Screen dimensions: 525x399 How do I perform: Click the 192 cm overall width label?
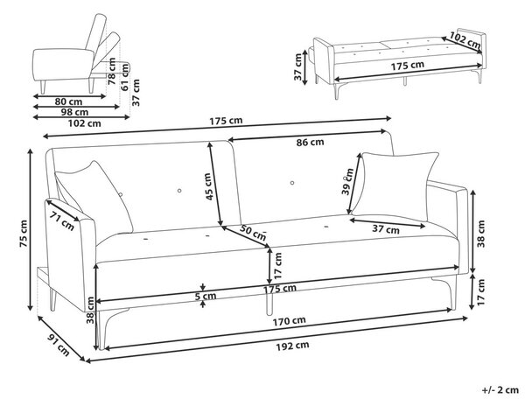pos(292,346)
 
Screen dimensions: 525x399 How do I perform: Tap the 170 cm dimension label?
pos(289,321)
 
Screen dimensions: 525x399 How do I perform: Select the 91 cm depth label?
pos(59,345)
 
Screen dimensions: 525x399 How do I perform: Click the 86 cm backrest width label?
pos(310,143)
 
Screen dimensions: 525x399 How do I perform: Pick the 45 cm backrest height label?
pos(209,186)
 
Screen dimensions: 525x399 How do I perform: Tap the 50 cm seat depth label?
pos(253,233)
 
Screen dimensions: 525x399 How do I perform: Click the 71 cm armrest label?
pos(62,221)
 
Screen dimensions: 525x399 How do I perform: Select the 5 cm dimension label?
pos(206,296)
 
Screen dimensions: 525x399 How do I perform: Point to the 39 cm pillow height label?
pos(347,181)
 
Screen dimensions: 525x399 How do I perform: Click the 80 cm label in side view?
pos(68,101)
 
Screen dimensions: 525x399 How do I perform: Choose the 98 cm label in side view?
pos(74,112)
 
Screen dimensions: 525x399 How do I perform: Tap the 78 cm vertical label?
pos(112,71)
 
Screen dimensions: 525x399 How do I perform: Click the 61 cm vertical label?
pos(125,77)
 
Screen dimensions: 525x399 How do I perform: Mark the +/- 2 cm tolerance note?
pos(500,390)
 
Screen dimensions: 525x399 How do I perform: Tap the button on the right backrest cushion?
pos(292,183)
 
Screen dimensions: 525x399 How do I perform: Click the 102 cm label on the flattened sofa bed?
pos(465,40)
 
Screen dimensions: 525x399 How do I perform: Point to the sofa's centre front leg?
pos(269,297)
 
